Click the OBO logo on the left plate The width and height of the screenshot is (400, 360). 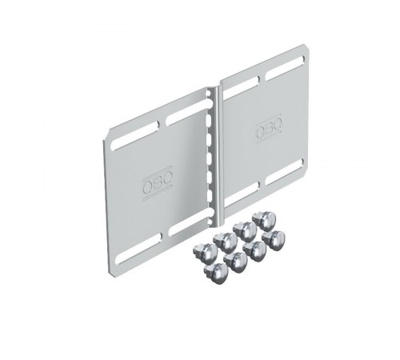157,182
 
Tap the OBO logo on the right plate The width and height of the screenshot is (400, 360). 269,129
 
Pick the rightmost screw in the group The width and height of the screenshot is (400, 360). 272,239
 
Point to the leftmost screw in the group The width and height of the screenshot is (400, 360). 205,251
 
